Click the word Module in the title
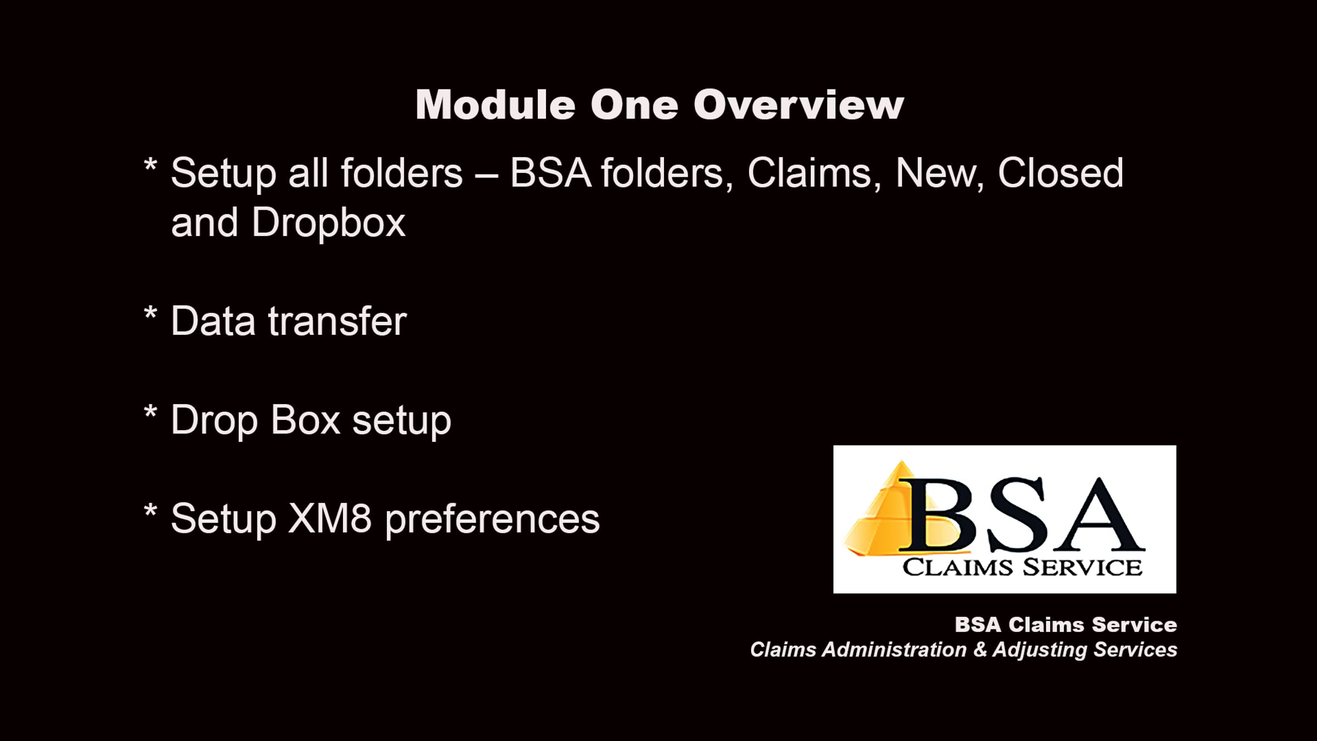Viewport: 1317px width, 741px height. pyautogui.click(x=496, y=104)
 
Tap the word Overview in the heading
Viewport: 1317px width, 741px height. pyautogui.click(x=798, y=104)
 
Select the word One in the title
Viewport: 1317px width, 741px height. pyautogui.click(x=634, y=104)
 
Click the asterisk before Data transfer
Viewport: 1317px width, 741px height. pyautogui.click(x=150, y=315)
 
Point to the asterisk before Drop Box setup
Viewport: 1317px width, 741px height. pyautogui.click(x=150, y=413)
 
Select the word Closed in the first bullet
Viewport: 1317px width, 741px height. pyautogui.click(x=1060, y=173)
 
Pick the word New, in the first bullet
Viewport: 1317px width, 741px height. pyautogui.click(x=939, y=174)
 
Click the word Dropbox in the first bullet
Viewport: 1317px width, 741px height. pyautogui.click(x=329, y=223)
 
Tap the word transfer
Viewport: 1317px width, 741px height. pyautogui.click(x=337, y=321)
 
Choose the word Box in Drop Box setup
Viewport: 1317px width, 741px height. pyautogui.click(x=306, y=420)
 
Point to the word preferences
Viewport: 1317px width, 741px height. pyautogui.click(x=492, y=520)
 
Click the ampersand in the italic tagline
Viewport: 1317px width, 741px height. pyautogui.click(x=980, y=650)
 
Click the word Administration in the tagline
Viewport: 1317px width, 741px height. pyautogui.click(x=894, y=650)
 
